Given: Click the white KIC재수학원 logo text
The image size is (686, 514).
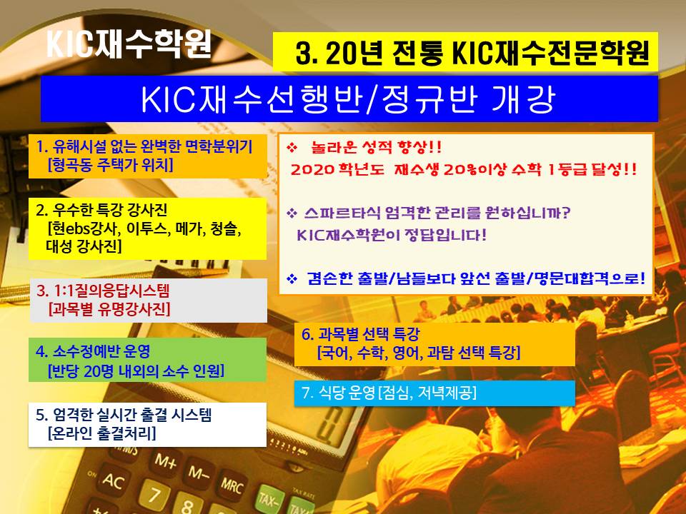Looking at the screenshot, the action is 129,44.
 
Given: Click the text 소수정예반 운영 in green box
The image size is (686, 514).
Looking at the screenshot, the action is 101,351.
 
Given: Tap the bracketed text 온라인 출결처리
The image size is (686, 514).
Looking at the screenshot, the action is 102,433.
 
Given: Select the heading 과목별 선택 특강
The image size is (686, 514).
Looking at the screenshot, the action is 369,334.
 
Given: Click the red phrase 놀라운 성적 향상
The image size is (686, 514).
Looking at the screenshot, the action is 376,147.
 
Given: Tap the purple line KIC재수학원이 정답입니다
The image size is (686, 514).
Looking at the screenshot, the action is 392,235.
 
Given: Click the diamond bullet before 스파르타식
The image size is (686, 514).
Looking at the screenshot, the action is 292,213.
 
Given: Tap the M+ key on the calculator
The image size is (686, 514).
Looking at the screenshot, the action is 166,460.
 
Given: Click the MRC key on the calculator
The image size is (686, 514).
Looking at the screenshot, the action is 231,485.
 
